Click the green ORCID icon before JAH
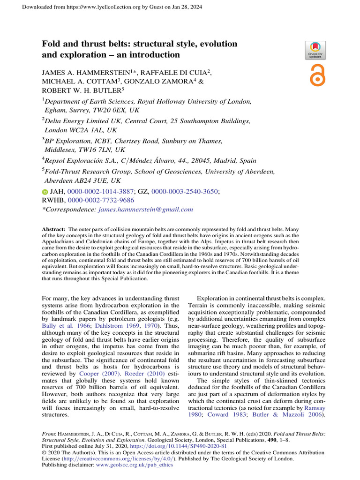45,192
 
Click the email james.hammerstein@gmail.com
146,210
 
